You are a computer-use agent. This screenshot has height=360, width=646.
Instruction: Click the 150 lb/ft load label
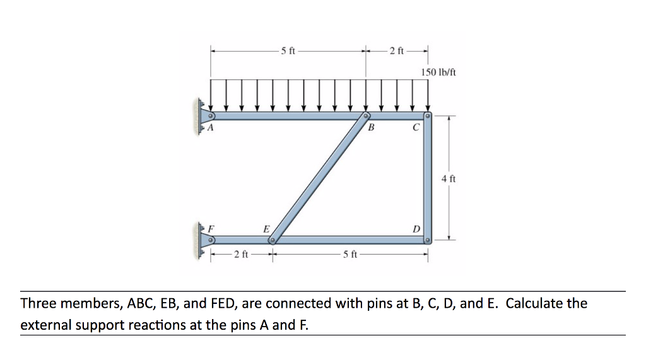(x=438, y=73)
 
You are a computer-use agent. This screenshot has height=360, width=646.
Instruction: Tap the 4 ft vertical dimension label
(x=449, y=179)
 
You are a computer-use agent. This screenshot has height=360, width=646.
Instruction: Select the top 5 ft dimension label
(x=288, y=51)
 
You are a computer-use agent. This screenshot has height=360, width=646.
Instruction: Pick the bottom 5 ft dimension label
(x=350, y=254)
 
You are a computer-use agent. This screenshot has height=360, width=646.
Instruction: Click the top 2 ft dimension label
(x=397, y=51)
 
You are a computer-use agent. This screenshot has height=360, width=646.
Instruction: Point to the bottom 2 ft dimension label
(x=241, y=254)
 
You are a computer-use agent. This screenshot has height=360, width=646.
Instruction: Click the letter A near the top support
(x=210, y=128)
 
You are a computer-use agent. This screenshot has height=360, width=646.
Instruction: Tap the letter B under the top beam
(x=371, y=128)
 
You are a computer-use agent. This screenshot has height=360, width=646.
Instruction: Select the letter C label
(x=416, y=128)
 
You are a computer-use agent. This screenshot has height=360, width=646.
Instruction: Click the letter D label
(x=416, y=229)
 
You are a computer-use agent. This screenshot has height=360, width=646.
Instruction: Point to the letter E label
(x=267, y=229)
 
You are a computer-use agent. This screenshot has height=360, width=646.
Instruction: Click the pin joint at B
(x=365, y=116)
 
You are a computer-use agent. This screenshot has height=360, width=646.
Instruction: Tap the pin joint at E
(x=273, y=240)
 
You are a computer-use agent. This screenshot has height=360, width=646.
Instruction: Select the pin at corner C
(x=428, y=116)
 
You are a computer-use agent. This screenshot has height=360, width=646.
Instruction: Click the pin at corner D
(x=428, y=240)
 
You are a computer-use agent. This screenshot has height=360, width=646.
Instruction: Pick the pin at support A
(x=211, y=116)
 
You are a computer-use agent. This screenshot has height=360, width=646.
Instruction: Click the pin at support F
(x=211, y=240)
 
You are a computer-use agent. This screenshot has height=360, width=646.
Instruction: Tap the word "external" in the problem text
(x=45, y=325)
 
